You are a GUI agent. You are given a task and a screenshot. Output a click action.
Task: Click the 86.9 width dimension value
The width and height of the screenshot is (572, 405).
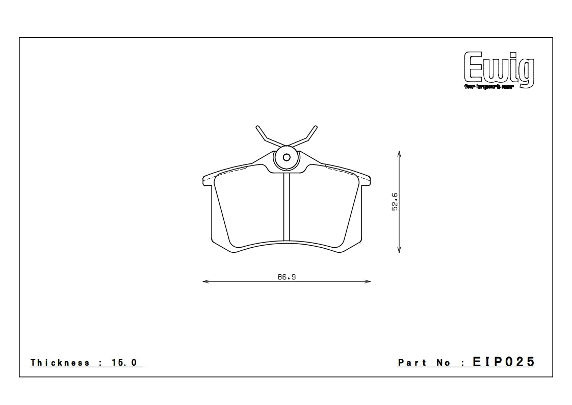click(287, 277)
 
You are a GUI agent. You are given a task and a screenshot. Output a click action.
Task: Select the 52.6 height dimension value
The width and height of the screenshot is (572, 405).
click(395, 202)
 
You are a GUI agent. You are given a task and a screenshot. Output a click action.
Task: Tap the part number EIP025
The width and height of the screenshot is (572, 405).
click(504, 362)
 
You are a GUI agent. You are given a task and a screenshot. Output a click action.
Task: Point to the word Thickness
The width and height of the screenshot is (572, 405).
click(60, 363)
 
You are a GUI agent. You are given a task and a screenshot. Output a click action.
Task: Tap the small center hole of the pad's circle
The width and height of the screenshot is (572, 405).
click(287, 157)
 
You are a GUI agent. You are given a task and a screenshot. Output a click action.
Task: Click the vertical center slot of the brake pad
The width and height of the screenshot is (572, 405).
click(287, 207)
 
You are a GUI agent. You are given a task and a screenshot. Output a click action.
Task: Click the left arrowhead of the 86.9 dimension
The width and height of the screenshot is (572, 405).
click(204, 281)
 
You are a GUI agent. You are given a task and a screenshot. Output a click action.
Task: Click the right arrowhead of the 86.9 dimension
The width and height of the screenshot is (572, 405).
click(369, 281)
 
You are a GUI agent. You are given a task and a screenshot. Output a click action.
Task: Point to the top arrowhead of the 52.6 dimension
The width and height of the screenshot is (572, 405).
click(399, 153)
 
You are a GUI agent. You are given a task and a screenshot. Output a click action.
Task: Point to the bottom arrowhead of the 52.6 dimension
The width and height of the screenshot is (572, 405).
click(399, 250)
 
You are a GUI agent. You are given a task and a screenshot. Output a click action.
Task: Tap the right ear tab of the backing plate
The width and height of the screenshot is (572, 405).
click(366, 179)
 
